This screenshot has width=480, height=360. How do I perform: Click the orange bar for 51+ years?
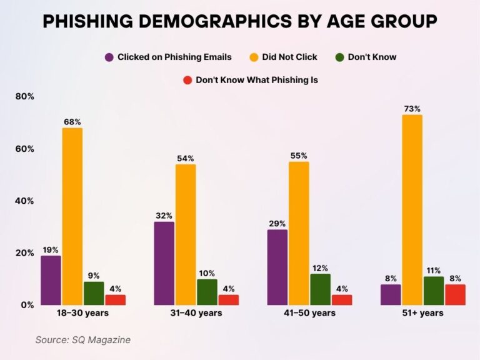(412, 210)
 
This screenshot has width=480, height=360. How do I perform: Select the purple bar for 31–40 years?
(164, 263)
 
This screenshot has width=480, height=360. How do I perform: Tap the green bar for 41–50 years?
(320, 289)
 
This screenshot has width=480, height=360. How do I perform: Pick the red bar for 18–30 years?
(115, 300)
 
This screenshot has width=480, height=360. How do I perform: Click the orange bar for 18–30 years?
(72, 216)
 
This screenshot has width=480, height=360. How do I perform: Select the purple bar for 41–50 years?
(277, 267)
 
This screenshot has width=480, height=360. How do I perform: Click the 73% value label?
(412, 109)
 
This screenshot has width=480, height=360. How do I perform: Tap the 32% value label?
(164, 216)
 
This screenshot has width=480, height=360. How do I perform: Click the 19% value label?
(51, 249)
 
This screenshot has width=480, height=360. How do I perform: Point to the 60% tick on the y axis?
(24, 149)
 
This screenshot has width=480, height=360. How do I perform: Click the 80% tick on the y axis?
(24, 97)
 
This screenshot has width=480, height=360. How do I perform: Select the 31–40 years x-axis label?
(196, 313)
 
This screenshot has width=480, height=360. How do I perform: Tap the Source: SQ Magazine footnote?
(82, 339)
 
